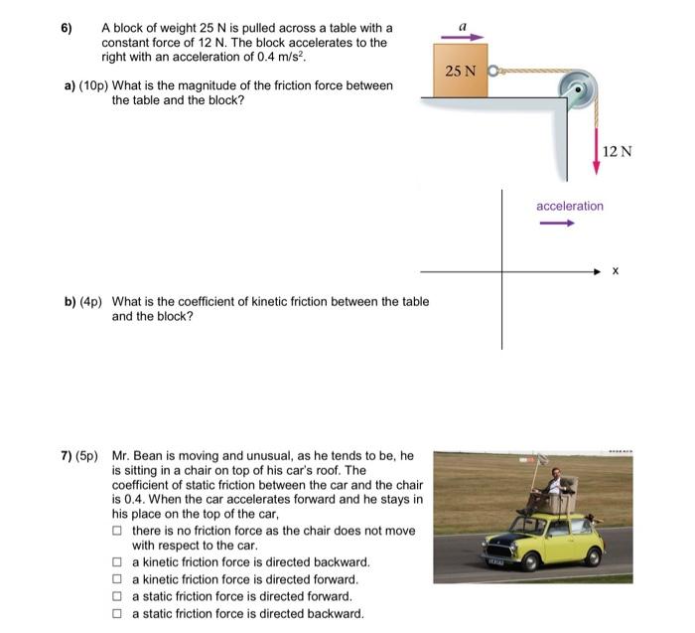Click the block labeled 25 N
point(461,72)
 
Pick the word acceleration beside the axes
point(569,206)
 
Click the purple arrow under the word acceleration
point(557,223)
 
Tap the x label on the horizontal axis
point(616,270)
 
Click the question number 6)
point(67,28)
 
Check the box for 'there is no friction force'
point(118,531)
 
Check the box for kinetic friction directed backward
point(118,562)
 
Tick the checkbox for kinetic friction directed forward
point(118,579)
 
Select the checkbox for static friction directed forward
point(118,596)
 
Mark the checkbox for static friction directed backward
point(118,613)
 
